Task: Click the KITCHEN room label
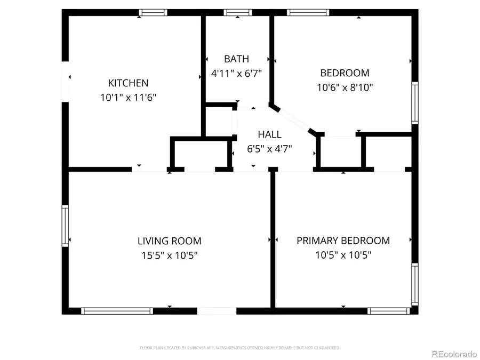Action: click(128, 83)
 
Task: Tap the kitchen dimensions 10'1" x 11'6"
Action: click(128, 98)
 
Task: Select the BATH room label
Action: click(236, 59)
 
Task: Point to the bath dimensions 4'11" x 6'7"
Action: click(236, 74)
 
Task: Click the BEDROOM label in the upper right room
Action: click(345, 73)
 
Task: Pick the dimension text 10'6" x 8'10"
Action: click(345, 87)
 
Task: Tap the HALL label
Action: click(269, 135)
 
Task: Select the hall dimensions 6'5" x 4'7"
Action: click(269, 149)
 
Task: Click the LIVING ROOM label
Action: click(170, 241)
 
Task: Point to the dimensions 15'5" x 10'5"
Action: click(170, 255)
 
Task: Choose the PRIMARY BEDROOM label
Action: click(343, 241)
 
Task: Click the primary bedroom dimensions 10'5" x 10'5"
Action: click(343, 255)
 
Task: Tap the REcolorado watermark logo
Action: click(454, 353)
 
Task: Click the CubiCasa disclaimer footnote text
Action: click(240, 348)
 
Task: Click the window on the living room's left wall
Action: click(66, 226)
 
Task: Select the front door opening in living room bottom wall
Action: click(217, 310)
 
